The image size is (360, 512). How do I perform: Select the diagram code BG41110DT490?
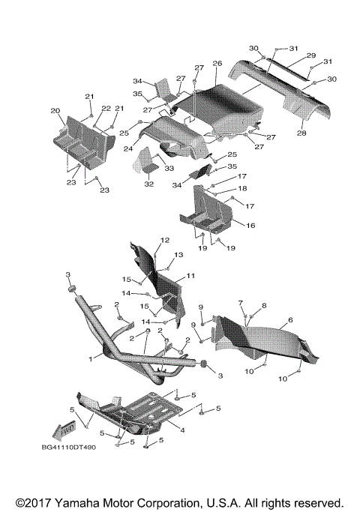68,448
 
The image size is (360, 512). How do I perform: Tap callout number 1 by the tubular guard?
91,359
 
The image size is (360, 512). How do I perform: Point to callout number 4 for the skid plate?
182,430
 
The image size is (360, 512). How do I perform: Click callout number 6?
290,320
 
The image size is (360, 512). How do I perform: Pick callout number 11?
190,276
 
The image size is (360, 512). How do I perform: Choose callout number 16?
250,226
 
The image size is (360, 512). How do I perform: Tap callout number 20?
55,111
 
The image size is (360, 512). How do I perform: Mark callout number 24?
128,148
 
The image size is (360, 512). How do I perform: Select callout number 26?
217,63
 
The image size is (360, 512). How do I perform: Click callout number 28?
301,133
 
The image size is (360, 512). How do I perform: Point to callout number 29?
311,55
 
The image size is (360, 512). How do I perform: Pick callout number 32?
149,184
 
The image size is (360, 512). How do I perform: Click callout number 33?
169,168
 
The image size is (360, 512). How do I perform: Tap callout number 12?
165,240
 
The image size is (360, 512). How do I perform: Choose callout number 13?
178,254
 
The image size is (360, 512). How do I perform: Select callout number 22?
106,109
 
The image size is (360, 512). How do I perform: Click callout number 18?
242,188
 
